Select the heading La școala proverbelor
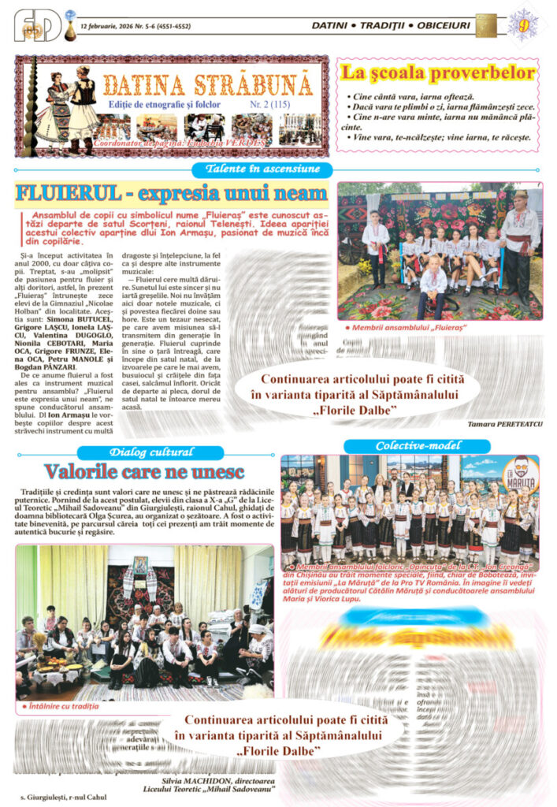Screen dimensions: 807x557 438,73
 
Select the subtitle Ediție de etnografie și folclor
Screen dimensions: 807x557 164,104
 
